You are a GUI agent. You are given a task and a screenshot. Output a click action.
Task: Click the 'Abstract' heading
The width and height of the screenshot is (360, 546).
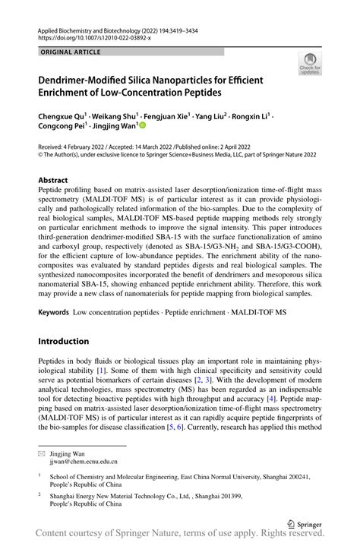tap(53, 181)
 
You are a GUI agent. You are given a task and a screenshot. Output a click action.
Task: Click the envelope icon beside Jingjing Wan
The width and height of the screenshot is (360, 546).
tap(42, 451)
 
